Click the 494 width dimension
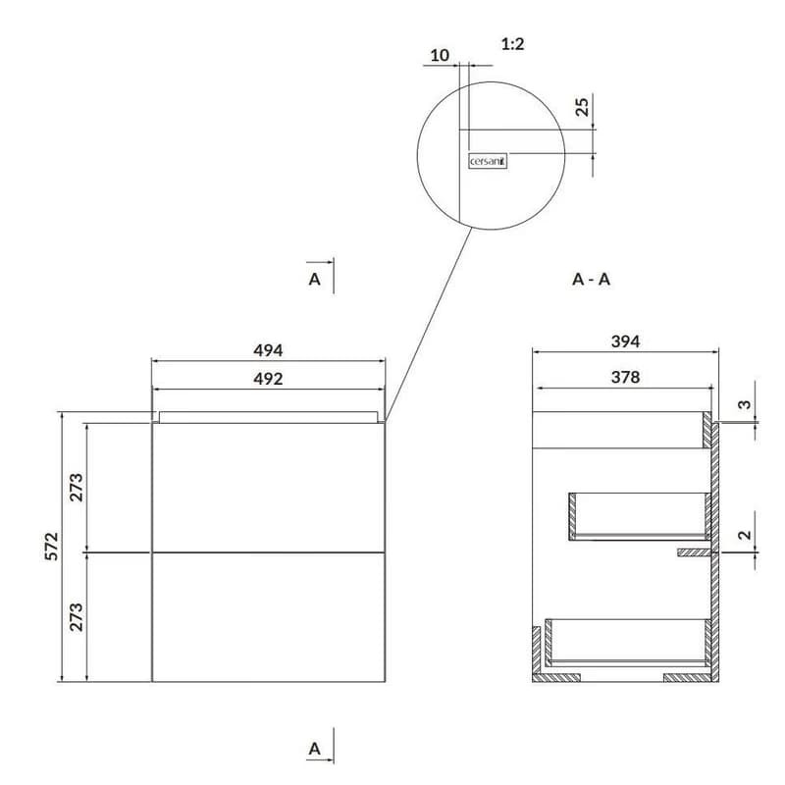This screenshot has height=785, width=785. click(x=268, y=350)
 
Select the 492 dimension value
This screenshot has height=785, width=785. click(x=268, y=379)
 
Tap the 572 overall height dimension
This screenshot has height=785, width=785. click(x=52, y=547)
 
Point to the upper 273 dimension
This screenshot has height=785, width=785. click(x=77, y=487)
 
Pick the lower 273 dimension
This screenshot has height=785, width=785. click(x=77, y=617)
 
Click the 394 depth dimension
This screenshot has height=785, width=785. click(x=625, y=341)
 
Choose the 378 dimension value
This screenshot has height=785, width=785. click(x=625, y=377)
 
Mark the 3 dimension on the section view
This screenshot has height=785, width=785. click(x=745, y=404)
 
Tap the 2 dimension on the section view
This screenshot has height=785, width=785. click(x=745, y=535)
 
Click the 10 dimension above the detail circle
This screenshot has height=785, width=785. click(x=440, y=56)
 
